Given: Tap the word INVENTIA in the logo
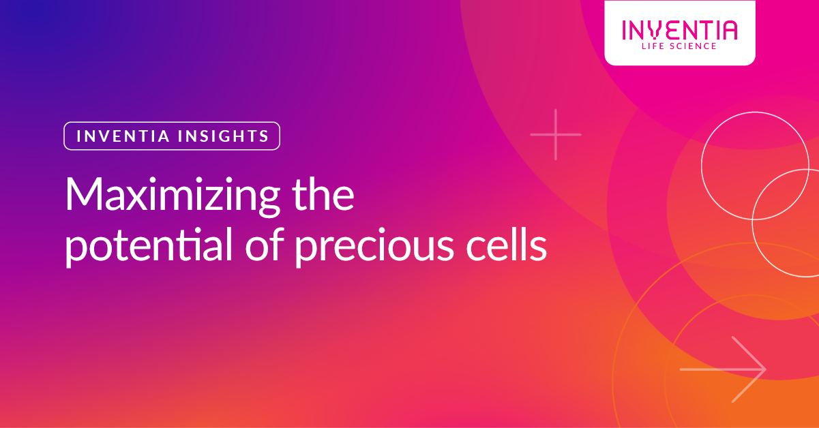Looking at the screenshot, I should click(x=679, y=31).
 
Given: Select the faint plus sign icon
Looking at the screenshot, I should click(x=556, y=134).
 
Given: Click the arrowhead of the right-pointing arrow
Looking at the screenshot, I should click(x=757, y=369).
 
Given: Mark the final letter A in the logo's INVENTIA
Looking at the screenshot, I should click(x=728, y=31).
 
